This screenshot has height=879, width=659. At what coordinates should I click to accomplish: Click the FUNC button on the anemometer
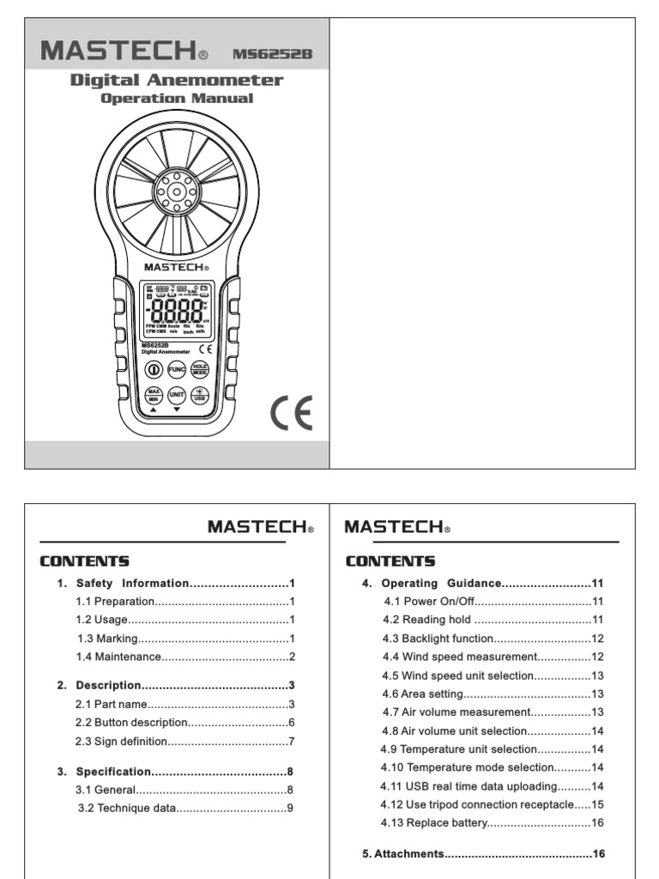(x=177, y=369)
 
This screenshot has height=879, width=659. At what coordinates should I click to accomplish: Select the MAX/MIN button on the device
(x=154, y=395)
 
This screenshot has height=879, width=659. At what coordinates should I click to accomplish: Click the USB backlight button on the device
(x=200, y=395)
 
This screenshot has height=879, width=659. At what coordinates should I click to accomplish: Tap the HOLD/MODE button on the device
(x=200, y=369)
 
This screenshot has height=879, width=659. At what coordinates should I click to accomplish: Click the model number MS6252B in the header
(x=272, y=54)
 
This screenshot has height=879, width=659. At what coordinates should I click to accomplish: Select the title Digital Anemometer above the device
(x=176, y=81)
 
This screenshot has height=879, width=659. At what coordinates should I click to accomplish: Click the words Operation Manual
(x=177, y=98)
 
